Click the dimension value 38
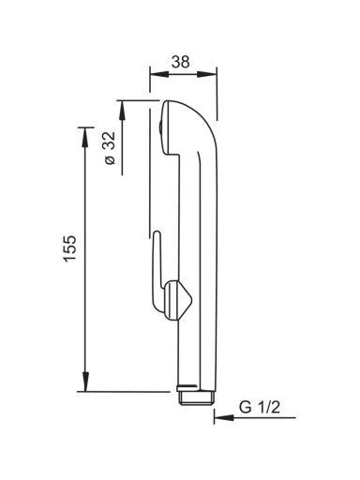coord(180,62)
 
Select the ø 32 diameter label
coord(110,148)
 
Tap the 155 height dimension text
coord(69,248)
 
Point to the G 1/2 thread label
coord(260,407)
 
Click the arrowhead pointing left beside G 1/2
coord(224,417)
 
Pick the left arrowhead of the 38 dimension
coord(159,74)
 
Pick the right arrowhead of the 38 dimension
coord(207,74)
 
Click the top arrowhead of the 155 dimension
coord(85,138)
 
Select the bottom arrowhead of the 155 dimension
coord(85,382)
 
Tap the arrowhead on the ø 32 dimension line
coord(122,110)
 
